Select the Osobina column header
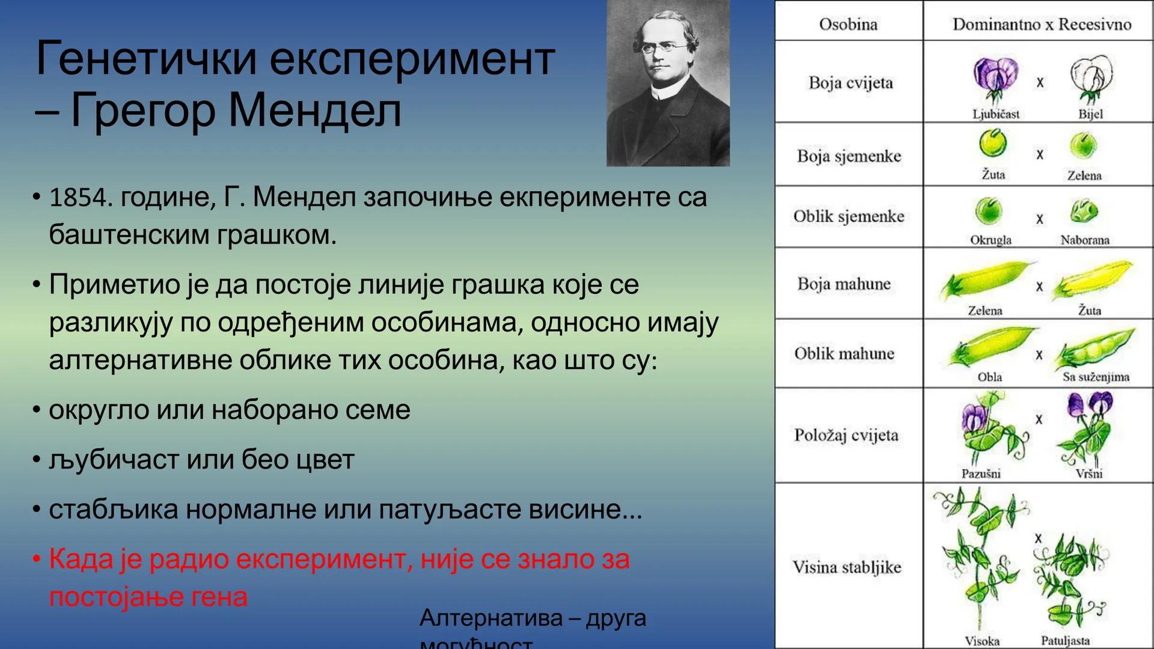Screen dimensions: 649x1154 (848, 24)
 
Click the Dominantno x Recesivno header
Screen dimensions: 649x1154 (1041, 24)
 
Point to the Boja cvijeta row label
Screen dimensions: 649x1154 (850, 82)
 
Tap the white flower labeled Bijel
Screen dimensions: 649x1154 (1090, 78)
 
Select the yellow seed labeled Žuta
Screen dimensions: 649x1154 (992, 144)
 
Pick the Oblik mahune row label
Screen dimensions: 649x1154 (844, 353)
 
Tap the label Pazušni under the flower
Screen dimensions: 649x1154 (981, 474)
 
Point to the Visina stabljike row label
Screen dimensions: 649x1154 (846, 567)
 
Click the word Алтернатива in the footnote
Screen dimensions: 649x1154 (490, 618)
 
